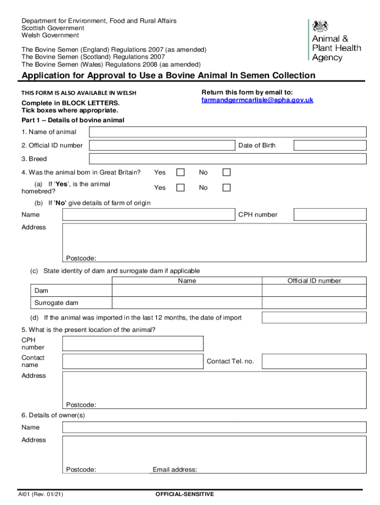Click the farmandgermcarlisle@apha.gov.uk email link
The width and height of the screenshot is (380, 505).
click(x=257, y=100)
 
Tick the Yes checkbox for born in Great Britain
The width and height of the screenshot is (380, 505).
click(x=181, y=172)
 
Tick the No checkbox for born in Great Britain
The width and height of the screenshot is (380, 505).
click(x=226, y=172)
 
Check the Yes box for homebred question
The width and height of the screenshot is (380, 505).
click(x=181, y=187)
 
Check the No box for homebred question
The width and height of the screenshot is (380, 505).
click(x=226, y=187)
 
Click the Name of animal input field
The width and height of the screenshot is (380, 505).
click(x=228, y=132)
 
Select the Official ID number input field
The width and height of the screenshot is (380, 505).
click(x=162, y=145)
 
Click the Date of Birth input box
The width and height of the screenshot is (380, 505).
click(x=330, y=145)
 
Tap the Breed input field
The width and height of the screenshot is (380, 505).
click(x=228, y=159)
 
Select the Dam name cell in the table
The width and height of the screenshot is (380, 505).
click(x=187, y=291)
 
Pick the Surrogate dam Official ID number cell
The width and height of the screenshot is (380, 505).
click(x=314, y=303)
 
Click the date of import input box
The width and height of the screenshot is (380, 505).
click(x=314, y=318)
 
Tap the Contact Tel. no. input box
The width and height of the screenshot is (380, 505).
click(x=314, y=361)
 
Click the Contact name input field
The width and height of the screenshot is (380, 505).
click(x=133, y=361)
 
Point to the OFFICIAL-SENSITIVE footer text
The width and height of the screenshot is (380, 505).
click(x=185, y=494)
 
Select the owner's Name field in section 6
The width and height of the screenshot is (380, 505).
click(x=214, y=428)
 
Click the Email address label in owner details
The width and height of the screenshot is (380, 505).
click(x=175, y=469)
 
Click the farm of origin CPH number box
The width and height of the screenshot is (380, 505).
click(x=330, y=215)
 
